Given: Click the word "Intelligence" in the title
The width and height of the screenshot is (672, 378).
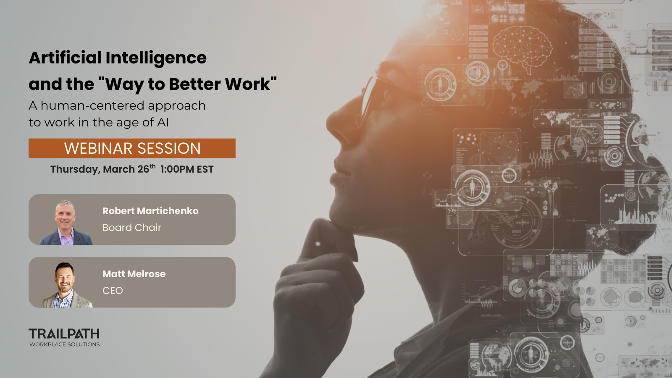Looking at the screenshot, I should coord(156,58).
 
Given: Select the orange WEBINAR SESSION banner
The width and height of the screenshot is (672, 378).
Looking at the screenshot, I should coord(132,148).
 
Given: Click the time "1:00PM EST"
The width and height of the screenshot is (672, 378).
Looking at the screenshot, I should coord(187,169).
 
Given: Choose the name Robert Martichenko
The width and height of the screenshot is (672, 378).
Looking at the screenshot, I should coord(150,211).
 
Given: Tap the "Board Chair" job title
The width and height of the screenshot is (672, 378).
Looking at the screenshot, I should coord(132,228).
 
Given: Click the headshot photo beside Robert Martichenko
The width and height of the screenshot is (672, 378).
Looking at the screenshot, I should coord(66,223).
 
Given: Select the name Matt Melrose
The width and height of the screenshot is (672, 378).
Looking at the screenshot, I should coord(134,274).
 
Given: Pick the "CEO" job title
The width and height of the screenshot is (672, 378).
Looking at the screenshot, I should coord(113,291).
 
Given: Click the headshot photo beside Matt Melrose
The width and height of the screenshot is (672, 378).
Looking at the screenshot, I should coord(66,286).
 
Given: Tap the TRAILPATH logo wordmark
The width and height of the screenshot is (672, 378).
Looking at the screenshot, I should coord(64,334).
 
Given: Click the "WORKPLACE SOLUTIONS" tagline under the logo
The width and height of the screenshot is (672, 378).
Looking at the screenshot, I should coord(65,344).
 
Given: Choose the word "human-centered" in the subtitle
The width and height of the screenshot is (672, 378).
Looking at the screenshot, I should coord(93,105).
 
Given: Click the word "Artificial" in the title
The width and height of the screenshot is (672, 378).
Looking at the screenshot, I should coord(65,58).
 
